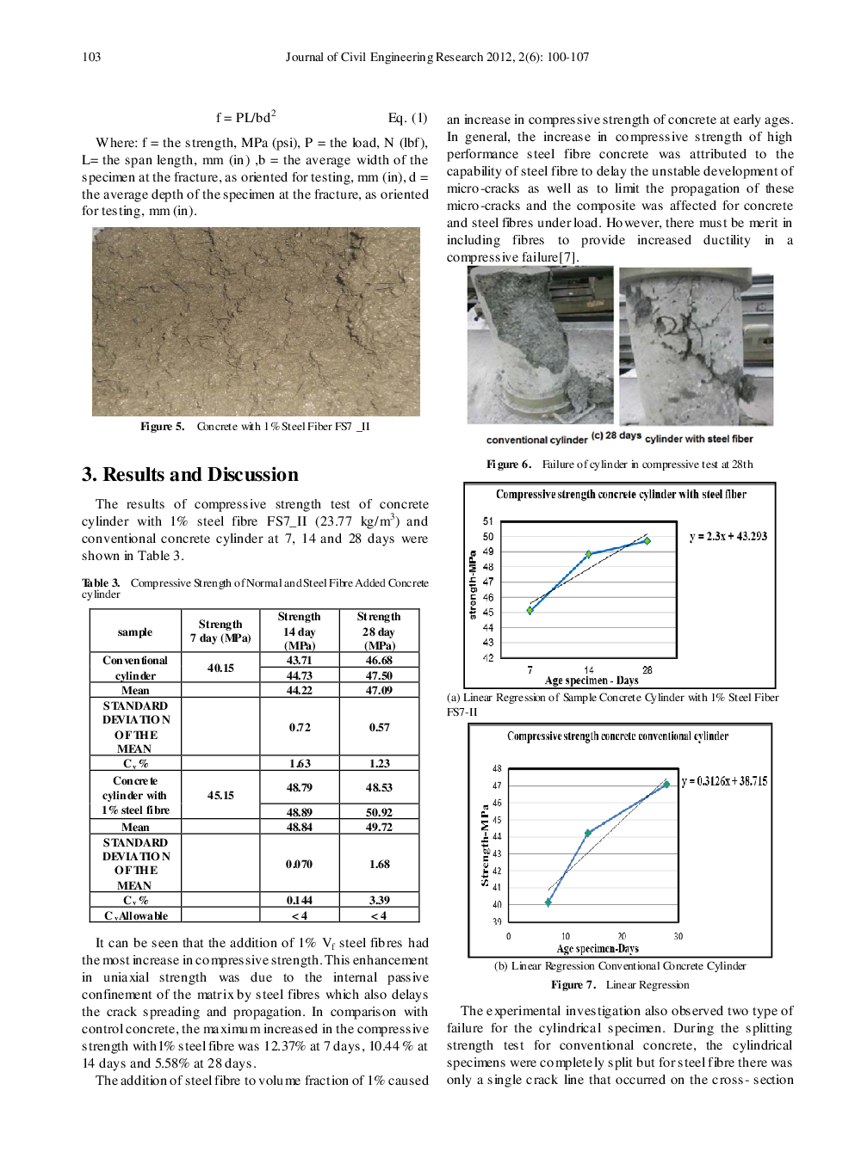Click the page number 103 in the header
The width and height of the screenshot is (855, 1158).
pyautogui.click(x=91, y=57)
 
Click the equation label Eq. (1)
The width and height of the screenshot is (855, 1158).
pyautogui.click(x=407, y=118)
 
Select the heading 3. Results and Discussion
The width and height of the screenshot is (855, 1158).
pyautogui.click(x=189, y=475)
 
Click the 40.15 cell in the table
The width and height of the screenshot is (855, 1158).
pyautogui.click(x=220, y=668)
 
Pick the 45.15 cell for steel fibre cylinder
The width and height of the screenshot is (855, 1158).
pyautogui.click(x=220, y=795)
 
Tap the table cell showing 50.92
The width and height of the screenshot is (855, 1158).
pyautogui.click(x=379, y=812)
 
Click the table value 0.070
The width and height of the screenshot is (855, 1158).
pyautogui.click(x=299, y=864)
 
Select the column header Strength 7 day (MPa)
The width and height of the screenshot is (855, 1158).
pyautogui.click(x=220, y=631)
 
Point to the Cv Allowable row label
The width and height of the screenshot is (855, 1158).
pyautogui.click(x=135, y=915)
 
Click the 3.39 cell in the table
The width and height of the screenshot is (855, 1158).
pyautogui.click(x=379, y=900)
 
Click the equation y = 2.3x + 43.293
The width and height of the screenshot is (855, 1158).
pyautogui.click(x=728, y=536)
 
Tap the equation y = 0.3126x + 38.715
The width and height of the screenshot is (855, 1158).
pyautogui.click(x=724, y=781)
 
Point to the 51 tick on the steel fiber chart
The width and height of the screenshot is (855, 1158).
pyautogui.click(x=488, y=521)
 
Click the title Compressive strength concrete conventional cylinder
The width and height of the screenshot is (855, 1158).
pyautogui.click(x=617, y=736)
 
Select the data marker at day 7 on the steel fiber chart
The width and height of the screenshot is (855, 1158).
pyautogui.click(x=530, y=611)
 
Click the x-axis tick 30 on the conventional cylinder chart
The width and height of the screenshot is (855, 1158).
pyautogui.click(x=678, y=936)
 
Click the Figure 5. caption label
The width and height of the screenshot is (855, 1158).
pyautogui.click(x=162, y=427)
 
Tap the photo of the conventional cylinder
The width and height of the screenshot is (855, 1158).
pyautogui.click(x=540, y=344)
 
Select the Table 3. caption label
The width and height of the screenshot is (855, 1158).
pyautogui.click(x=101, y=583)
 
